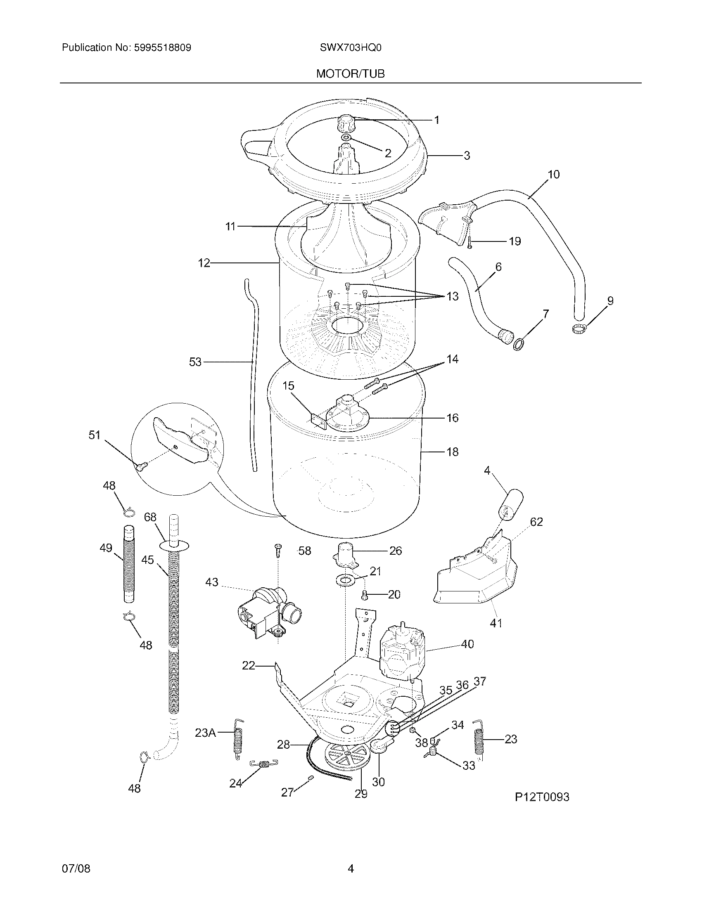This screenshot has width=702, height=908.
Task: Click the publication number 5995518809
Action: (162, 48)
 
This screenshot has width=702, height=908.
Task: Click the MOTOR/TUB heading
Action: (350, 74)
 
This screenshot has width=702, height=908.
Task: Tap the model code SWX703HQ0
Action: (350, 48)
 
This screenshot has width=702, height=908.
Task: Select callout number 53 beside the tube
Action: (195, 362)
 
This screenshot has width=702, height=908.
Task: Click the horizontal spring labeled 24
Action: (264, 764)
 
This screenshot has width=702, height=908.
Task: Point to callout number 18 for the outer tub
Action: (452, 452)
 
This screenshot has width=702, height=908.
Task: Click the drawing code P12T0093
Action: (541, 797)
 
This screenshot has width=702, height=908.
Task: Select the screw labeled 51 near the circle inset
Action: (140, 467)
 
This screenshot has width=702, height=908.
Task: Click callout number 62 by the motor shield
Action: (536, 522)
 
